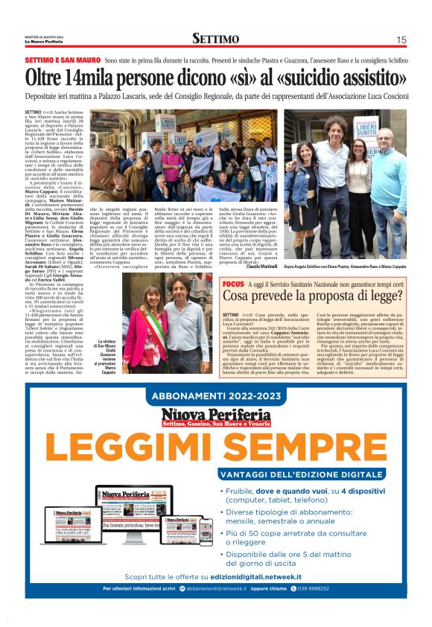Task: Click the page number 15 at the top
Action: pyautogui.click(x=401, y=39)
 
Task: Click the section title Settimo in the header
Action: pyautogui.click(x=216, y=39)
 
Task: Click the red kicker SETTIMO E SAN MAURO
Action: pyautogui.click(x=62, y=59)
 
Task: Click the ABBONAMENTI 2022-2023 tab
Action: pyautogui.click(x=216, y=395)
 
